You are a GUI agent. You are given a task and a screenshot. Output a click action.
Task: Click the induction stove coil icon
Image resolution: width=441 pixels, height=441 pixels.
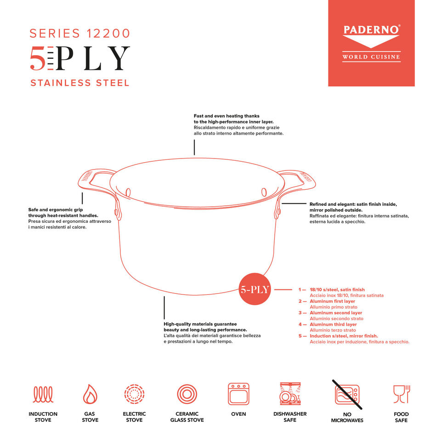[x=43, y=394]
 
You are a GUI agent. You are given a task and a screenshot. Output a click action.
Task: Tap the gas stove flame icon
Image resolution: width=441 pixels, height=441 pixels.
[x=90, y=394]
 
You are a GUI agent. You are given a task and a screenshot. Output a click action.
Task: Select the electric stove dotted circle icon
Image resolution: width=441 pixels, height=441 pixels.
[x=134, y=394]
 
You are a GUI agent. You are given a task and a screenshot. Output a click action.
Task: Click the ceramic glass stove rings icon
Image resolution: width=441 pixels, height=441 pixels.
[x=187, y=394]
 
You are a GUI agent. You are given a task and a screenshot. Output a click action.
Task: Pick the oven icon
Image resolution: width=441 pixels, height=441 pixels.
[x=238, y=394]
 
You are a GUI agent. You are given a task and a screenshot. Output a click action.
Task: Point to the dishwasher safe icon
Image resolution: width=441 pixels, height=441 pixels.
[x=290, y=394]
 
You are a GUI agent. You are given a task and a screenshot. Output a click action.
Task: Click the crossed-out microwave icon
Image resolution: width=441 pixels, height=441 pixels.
[x=347, y=394]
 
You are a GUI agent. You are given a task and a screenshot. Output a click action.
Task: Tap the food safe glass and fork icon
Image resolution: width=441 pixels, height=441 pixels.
[x=401, y=394]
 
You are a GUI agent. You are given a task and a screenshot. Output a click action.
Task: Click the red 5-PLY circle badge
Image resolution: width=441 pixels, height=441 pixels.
[x=254, y=289]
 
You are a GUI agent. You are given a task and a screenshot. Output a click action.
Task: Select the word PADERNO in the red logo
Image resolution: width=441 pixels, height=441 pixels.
[x=371, y=30]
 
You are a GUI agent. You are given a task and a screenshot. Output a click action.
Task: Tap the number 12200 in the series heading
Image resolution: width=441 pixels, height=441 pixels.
[x=108, y=34]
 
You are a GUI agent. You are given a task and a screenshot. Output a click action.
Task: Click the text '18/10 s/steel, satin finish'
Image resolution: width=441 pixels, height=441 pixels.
[x=337, y=290]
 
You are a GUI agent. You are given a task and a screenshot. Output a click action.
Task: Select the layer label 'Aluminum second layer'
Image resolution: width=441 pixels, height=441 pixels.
[x=336, y=313]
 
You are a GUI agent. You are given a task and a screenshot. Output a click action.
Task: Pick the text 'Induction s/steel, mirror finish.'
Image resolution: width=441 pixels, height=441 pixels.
[x=344, y=336]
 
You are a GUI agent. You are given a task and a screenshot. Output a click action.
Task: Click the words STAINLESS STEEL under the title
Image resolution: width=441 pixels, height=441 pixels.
[x=80, y=83]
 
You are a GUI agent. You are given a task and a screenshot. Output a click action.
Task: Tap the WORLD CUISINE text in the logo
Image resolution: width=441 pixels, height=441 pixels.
[x=371, y=57]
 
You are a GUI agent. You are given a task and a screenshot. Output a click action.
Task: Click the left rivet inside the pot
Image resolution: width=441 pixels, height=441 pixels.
[x=128, y=192]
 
